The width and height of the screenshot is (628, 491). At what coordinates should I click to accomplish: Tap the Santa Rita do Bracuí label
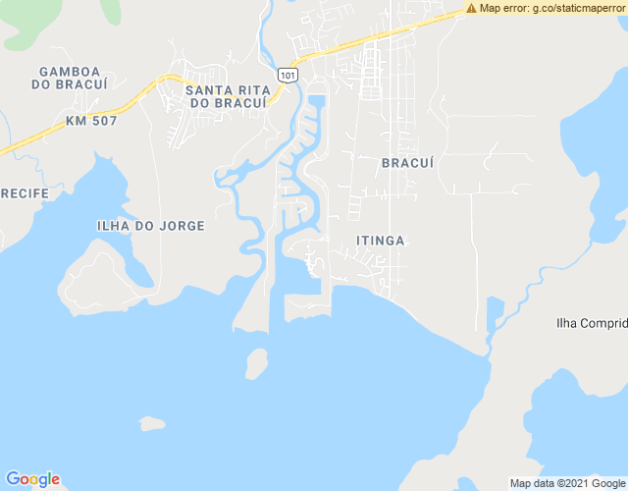coord(226,96)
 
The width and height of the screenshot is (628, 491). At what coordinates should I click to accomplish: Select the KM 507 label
coord(91,121)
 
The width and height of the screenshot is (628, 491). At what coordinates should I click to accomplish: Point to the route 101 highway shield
coord(286,75)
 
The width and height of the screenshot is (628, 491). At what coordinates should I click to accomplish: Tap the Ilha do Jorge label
coord(151,226)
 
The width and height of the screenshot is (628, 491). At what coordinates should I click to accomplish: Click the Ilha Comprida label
coord(591,323)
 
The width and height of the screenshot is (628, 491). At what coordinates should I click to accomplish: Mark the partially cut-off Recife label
coord(25,193)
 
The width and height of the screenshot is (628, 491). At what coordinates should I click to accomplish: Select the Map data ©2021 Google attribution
coord(567,483)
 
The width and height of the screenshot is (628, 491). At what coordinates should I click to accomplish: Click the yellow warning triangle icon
coord(471,8)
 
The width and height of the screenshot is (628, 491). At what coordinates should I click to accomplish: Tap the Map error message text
coord(551,8)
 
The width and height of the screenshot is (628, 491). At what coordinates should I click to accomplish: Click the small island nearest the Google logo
coord(151,423)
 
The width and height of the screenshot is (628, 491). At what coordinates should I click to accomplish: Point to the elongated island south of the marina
coord(256,364)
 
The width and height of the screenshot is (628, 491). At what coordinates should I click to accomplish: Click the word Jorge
coord(183,226)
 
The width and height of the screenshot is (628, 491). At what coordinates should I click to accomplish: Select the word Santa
coord(207,90)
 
